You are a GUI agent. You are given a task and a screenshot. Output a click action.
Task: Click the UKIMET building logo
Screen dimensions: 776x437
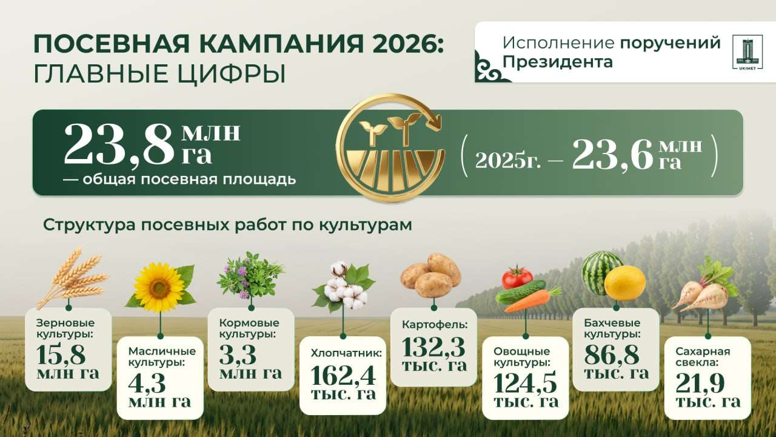pos(748,52)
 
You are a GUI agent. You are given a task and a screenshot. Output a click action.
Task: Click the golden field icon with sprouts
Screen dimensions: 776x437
pos(390,147)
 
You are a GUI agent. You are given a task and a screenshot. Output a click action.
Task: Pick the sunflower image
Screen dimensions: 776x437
pos(161,287)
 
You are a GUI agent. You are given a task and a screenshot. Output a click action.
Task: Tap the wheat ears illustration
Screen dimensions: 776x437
pos(73,277)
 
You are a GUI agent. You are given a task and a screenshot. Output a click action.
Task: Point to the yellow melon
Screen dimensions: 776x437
pos(625,283)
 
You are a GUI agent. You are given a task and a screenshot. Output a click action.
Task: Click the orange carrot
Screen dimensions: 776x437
pos(532,300)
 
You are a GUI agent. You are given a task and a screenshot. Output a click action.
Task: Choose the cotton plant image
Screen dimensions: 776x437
pos(344,288)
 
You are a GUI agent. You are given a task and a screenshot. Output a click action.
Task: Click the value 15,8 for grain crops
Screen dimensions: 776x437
pos(61,354)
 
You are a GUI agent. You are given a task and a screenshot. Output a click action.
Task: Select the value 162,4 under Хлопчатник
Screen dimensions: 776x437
pos(343,376)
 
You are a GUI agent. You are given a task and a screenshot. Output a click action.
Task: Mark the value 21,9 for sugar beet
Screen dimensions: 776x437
pos(700,383)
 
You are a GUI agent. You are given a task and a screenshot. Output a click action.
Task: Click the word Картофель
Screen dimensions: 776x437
pos(435,325)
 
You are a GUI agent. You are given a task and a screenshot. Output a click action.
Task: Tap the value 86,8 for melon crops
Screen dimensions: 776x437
pos(612,354)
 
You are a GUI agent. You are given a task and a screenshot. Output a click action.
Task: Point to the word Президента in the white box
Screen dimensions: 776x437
pos(558,63)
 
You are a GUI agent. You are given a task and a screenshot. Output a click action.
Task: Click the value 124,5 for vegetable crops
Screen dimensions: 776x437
pos(525,383)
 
